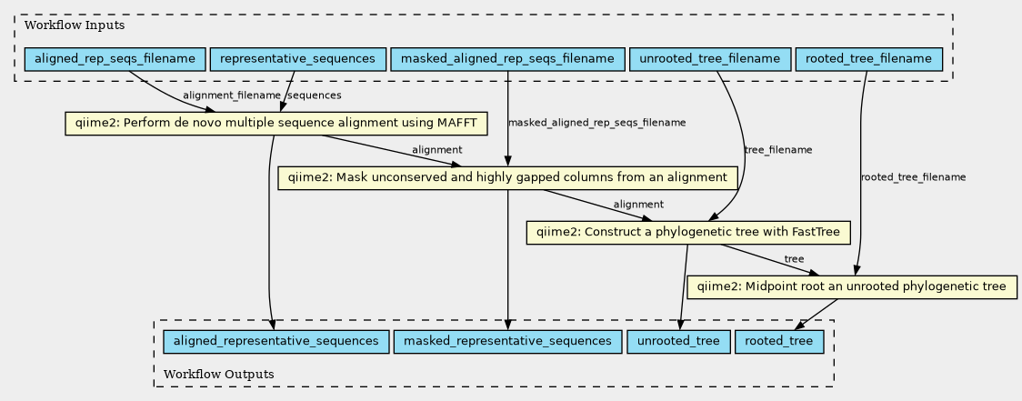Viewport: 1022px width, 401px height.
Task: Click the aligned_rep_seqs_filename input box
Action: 115,60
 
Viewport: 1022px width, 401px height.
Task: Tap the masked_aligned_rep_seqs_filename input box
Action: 507,60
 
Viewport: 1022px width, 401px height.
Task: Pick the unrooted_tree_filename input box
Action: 710,60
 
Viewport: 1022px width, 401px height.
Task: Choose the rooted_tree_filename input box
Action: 869,60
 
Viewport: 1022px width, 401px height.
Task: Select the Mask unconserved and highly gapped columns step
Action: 507,177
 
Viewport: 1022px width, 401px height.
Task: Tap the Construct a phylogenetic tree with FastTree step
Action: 688,232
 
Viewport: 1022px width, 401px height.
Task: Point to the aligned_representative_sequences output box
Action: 271,341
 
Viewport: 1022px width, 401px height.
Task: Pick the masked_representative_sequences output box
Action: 507,341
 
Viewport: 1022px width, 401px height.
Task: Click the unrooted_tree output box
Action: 679,341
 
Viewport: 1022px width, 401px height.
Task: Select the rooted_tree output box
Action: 779,341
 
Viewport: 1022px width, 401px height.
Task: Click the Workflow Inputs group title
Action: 62,24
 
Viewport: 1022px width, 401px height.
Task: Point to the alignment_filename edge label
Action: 232,95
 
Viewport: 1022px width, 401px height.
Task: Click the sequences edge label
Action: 315,95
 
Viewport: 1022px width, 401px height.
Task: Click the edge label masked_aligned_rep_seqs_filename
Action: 597,123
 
